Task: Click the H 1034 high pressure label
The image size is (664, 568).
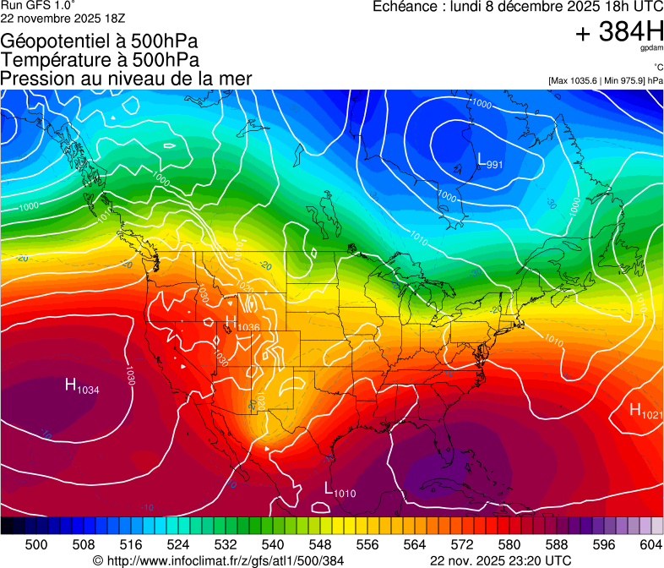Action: [x=82, y=387]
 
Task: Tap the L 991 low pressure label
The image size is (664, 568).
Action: [x=490, y=161]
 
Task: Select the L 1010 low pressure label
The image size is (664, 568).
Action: [x=340, y=489]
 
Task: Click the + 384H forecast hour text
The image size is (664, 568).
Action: [x=618, y=33]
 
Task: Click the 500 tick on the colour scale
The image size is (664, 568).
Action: [x=36, y=545]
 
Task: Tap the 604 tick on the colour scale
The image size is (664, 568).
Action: [x=650, y=545]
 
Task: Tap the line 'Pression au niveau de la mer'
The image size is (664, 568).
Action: [x=127, y=79]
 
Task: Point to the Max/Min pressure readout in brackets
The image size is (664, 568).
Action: [x=604, y=80]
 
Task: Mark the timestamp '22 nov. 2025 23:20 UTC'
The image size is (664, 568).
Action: [x=500, y=560]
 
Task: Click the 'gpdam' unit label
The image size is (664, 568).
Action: [x=651, y=49]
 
